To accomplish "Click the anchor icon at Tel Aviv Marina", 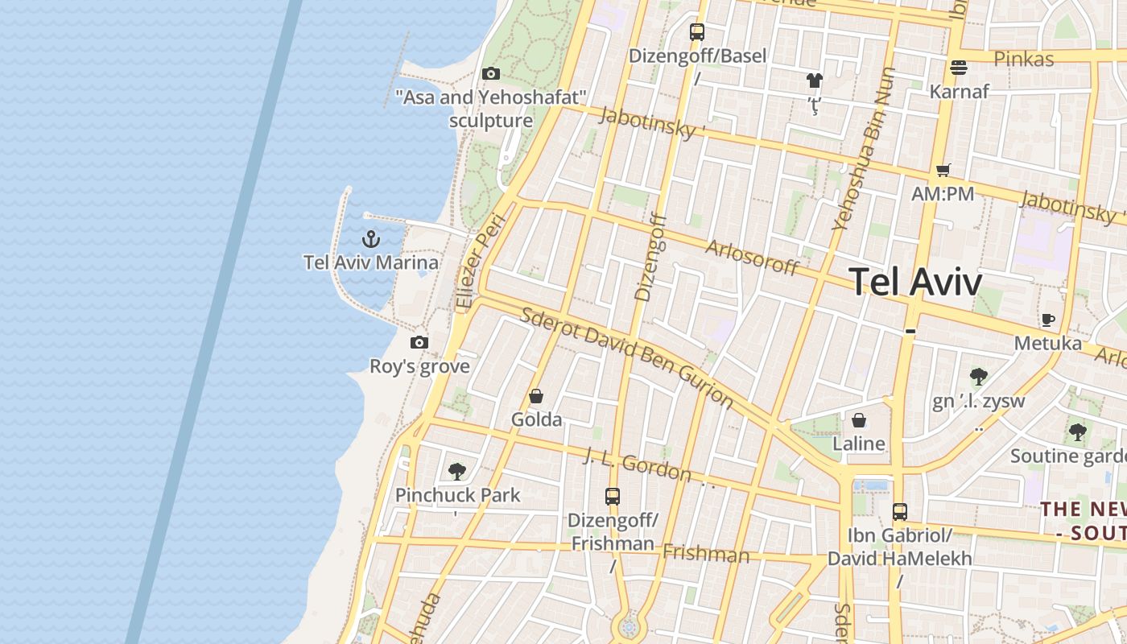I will coord(370,239).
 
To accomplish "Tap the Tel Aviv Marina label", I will coord(371,262).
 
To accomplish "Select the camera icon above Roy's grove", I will coord(419,343).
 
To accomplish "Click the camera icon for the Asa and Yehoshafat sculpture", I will coord(490,74).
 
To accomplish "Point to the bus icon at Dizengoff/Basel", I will coord(697,32).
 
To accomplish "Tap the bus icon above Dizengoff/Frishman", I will coord(613,497).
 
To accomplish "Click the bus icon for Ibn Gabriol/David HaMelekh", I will coord(900,512).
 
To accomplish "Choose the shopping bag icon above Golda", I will coord(536,396).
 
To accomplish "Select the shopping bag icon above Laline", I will coord(859,420).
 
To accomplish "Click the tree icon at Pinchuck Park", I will coord(457,472).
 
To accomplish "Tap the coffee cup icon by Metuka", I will coord(1047,320).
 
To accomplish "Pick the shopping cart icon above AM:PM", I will coord(943,171).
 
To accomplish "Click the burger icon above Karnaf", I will coord(958,68).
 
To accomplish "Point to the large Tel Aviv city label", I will coord(915,283).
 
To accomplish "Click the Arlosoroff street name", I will coord(752,257).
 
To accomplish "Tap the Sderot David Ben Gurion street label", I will coord(626,357).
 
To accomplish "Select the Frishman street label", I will coord(706,554).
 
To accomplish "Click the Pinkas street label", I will coord(1023,59).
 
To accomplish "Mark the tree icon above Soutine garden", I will coord(1077,433).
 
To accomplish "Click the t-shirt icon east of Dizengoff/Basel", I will coord(815,80).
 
